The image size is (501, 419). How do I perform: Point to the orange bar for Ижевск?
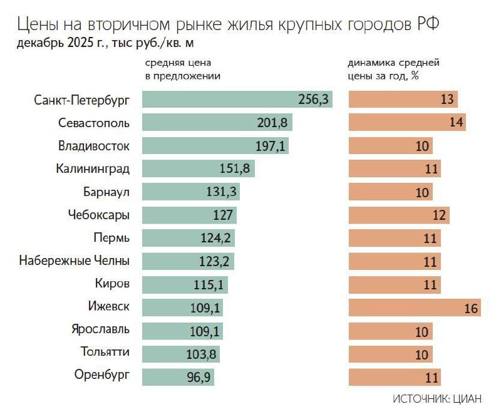click(x=413, y=308)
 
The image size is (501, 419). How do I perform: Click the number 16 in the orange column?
click(x=472, y=308)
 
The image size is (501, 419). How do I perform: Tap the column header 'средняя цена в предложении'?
click(x=183, y=69)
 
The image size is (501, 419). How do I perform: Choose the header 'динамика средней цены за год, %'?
click(x=393, y=69)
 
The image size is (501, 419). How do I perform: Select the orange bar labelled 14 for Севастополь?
click(x=406, y=123)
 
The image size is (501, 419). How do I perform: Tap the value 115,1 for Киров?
click(x=209, y=284)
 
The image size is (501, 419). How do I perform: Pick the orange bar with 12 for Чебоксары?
click(x=398, y=215)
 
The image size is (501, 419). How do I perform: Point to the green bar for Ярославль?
click(x=182, y=331)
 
